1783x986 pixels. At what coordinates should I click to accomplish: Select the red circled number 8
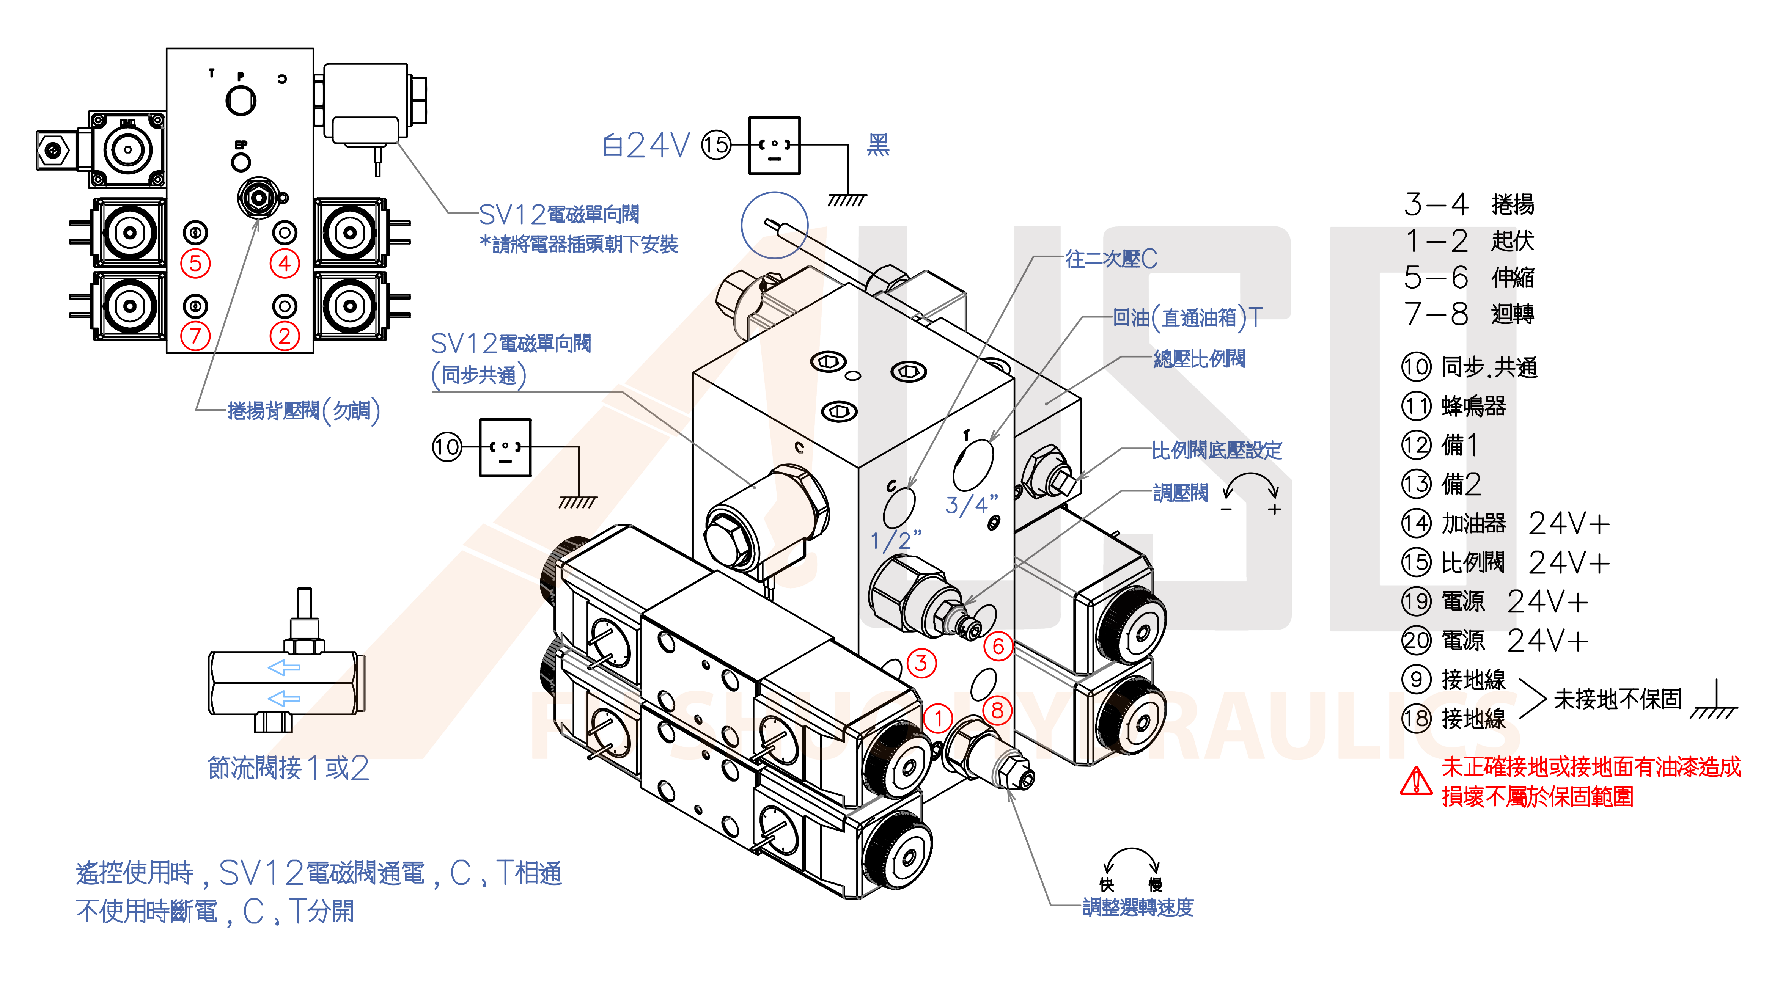click(x=997, y=710)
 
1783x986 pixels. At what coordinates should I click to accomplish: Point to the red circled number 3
click(x=921, y=663)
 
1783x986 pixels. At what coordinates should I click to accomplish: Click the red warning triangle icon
click(x=1416, y=782)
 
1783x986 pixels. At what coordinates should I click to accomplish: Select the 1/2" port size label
click(x=896, y=540)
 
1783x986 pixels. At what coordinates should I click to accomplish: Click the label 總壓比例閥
click(x=1199, y=358)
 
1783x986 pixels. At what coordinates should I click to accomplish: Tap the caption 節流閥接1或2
click(x=289, y=768)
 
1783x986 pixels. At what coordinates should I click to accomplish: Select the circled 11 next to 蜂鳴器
click(x=1416, y=406)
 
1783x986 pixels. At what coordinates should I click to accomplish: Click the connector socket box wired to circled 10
click(x=505, y=447)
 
